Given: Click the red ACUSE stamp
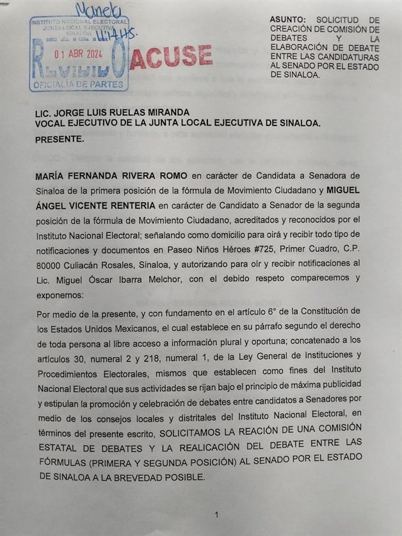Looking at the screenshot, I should pos(172,57).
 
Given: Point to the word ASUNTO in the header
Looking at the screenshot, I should pos(289,20).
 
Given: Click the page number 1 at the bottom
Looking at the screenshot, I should pos(217,514).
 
